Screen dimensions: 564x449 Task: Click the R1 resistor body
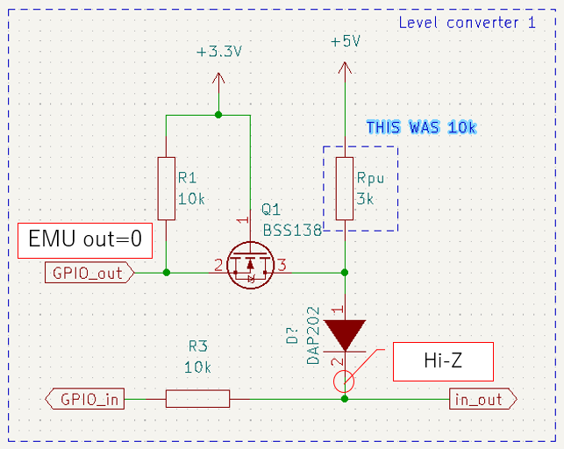(x=167, y=189)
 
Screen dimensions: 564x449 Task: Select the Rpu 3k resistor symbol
(x=345, y=189)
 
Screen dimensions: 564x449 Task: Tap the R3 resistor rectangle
(x=197, y=399)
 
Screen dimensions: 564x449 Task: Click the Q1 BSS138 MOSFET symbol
(x=250, y=265)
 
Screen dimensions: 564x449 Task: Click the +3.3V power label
(x=219, y=52)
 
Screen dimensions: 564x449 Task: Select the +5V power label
(x=346, y=41)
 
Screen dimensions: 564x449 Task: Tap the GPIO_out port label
(x=89, y=273)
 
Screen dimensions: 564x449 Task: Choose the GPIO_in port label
(x=85, y=399)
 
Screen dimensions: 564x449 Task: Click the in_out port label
(x=483, y=399)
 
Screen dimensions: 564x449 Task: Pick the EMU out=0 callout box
(x=85, y=240)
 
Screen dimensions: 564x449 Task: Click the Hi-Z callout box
(x=443, y=361)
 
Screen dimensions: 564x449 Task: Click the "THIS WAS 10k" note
(x=422, y=127)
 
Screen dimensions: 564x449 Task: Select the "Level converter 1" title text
(x=467, y=23)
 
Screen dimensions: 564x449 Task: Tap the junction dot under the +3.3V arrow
(x=218, y=115)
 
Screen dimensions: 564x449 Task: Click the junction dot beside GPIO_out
(x=166, y=273)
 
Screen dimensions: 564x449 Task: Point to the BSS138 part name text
(x=292, y=230)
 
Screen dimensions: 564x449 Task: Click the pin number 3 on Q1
(x=282, y=265)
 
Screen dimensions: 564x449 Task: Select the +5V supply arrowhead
(x=345, y=68)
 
